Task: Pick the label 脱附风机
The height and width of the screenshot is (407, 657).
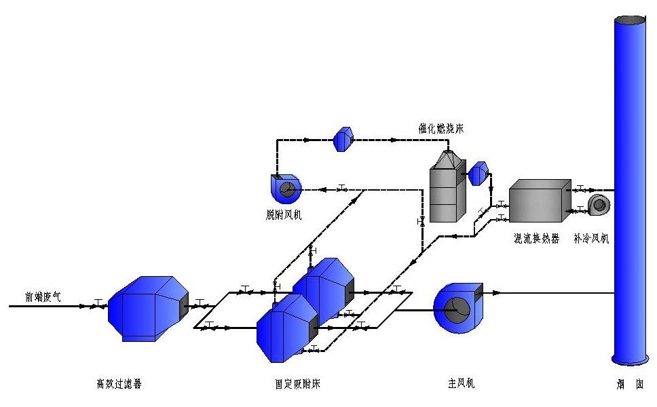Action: [x=284, y=215]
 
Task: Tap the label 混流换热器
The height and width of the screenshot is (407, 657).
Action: [x=537, y=239]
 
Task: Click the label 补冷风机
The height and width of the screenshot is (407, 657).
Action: [x=591, y=239]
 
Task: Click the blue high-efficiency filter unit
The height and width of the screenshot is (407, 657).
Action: [x=149, y=308]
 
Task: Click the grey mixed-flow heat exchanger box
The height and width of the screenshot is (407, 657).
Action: [x=540, y=201]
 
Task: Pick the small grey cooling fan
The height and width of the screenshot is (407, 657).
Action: [x=599, y=206]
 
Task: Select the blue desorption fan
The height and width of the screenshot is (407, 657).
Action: [x=286, y=189]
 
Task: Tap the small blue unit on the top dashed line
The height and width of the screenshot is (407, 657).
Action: [x=342, y=139]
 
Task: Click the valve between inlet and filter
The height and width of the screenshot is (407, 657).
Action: [x=98, y=305]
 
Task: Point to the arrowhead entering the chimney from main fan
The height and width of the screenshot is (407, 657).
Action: [x=498, y=293]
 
